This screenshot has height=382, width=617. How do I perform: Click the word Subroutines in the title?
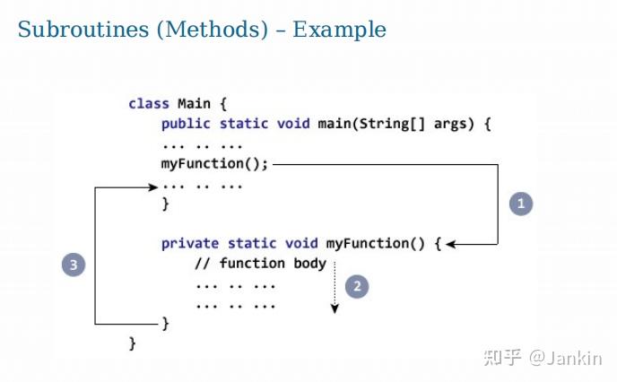[x=83, y=30]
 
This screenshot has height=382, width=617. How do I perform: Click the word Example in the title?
[x=339, y=30]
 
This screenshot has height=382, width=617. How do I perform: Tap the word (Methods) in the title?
[x=213, y=30]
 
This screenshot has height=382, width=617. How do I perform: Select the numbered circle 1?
[x=521, y=204]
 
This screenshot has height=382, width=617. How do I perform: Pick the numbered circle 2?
[x=357, y=286]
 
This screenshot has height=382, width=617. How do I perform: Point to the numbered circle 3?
[x=74, y=265]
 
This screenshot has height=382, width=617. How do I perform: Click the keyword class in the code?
[x=149, y=104]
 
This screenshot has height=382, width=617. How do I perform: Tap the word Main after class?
[x=194, y=104]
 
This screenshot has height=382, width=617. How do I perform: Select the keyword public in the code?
[x=186, y=124]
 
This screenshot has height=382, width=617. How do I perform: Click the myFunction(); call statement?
[x=215, y=164]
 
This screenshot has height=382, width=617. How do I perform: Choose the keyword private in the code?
[x=190, y=244]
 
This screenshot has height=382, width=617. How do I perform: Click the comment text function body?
[x=274, y=264]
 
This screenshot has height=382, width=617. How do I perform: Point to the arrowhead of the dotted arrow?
[x=335, y=309]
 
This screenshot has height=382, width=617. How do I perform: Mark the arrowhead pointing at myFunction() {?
[x=450, y=244]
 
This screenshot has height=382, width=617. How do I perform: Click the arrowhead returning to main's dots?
[x=153, y=187]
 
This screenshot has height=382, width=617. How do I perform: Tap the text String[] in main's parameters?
[x=392, y=125]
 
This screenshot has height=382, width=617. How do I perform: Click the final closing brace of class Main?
[x=133, y=343]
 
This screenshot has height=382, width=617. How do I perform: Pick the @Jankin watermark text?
[x=566, y=358]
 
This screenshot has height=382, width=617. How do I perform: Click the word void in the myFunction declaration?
[x=301, y=244]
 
